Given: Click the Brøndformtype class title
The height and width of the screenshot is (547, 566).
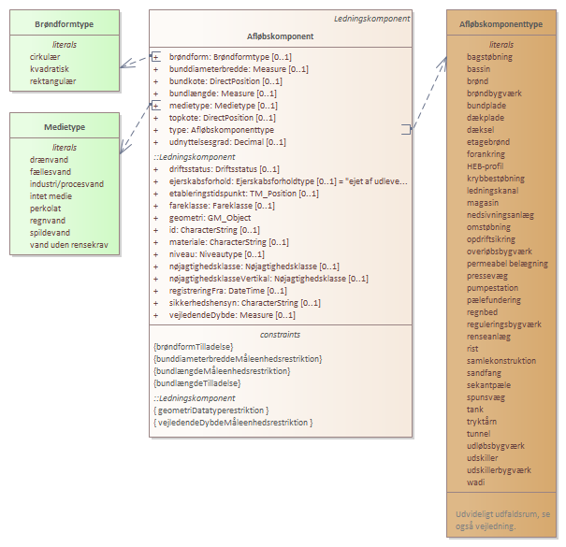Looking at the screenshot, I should pyautogui.click(x=65, y=23).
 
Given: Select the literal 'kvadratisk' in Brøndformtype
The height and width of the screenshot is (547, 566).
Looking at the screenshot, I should pyautogui.click(x=53, y=69).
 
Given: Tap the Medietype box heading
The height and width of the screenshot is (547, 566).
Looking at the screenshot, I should pyautogui.click(x=65, y=125).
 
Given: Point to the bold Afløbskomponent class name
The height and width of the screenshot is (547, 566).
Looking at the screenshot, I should pyautogui.click(x=280, y=36).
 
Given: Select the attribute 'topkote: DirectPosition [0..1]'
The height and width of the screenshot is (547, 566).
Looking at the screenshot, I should pyautogui.click(x=222, y=118).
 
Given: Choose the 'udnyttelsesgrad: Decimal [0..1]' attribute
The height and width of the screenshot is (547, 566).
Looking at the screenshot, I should pyautogui.click(x=227, y=142).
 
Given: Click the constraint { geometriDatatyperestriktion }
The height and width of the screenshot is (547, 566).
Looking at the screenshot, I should pyautogui.click(x=211, y=410).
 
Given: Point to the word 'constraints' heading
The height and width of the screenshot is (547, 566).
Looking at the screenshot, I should pyautogui.click(x=280, y=334).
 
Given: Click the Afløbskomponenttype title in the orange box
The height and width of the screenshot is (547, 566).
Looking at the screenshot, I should pyautogui.click(x=501, y=23).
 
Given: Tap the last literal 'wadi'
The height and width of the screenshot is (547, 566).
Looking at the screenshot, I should pyautogui.click(x=475, y=482).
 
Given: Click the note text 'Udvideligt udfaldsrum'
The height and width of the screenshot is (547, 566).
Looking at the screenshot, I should pyautogui.click(x=501, y=514).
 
